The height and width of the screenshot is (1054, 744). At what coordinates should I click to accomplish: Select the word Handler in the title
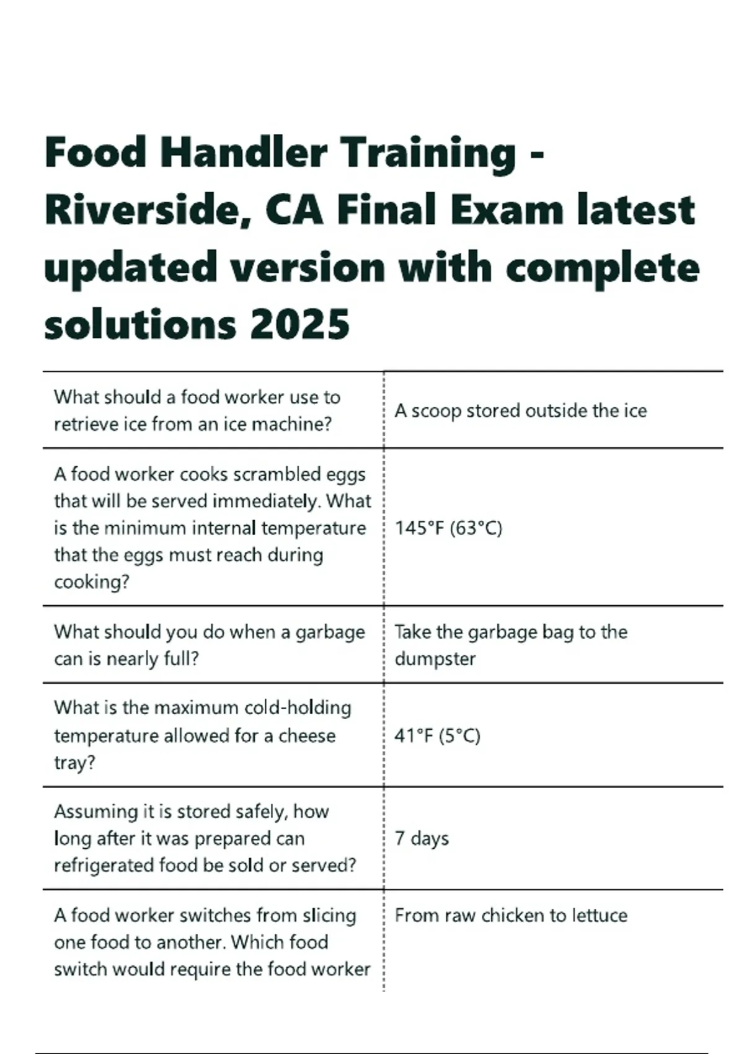[x=244, y=153]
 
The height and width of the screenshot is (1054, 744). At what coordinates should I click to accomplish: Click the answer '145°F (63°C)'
[x=448, y=528]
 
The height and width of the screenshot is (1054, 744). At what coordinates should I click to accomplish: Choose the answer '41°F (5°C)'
[x=437, y=736]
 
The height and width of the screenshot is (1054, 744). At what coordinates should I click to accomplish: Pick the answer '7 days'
[x=422, y=838]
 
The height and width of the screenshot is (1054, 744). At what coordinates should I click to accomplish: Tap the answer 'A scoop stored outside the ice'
[x=520, y=411]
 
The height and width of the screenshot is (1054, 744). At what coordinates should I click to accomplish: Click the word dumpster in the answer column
[x=435, y=658]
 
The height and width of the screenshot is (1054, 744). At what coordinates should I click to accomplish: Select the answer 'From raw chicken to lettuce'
[x=511, y=916]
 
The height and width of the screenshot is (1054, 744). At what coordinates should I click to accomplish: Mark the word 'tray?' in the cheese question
[x=74, y=763]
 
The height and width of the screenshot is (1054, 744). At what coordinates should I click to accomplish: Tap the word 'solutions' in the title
[x=140, y=324]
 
